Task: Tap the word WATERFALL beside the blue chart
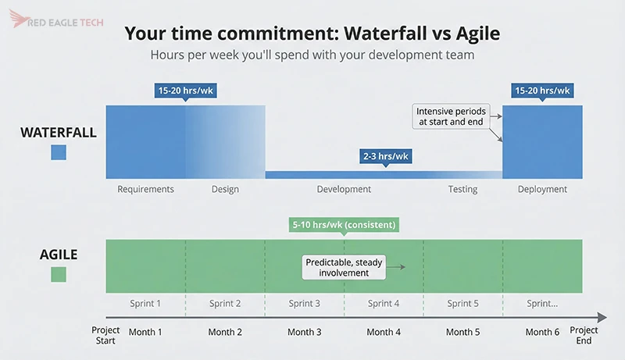pos(59,132)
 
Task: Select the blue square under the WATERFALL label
pos(59,152)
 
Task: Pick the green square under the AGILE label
pos(59,275)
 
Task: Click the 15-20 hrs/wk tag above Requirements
pos(185,91)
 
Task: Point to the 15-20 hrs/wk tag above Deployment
pos(542,91)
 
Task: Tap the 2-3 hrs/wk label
pos(385,156)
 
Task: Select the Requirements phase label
pos(145,189)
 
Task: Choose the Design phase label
pos(225,189)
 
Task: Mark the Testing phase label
pos(462,189)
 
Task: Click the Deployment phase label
pos(542,189)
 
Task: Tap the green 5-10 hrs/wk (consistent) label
pos(345,225)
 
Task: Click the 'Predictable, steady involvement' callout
pos(345,268)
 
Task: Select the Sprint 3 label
pos(305,304)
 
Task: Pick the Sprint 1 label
pos(145,304)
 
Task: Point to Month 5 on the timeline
pos(462,332)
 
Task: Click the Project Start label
pos(105,335)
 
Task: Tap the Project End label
pos(584,335)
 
